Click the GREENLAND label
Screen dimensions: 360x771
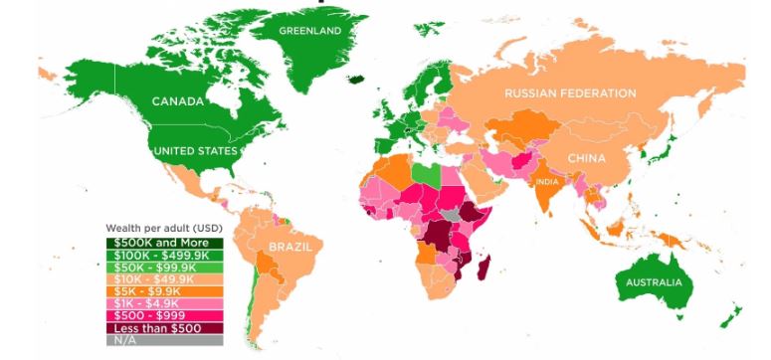click(309, 31)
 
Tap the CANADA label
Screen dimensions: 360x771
click(178, 101)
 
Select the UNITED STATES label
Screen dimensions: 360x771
click(195, 151)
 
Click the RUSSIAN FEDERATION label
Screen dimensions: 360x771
click(570, 93)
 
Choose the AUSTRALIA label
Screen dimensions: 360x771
click(654, 282)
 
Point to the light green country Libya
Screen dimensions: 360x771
click(422, 173)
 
